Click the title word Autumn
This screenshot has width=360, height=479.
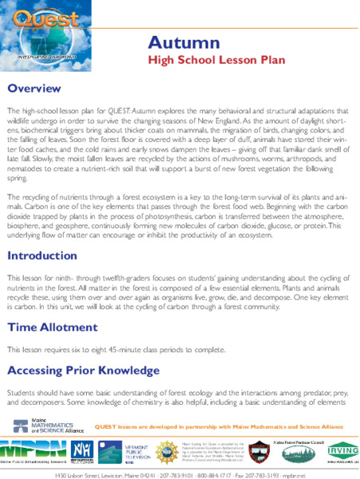click(x=183, y=42)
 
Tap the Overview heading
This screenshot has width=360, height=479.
click(x=34, y=88)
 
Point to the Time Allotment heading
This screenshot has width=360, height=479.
click(x=53, y=327)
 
